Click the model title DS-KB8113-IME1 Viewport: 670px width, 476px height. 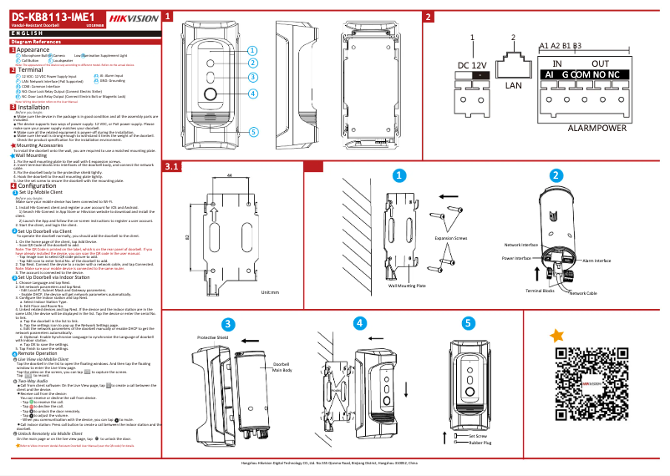pyautogui.click(x=53, y=18)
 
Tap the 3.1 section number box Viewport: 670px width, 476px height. pyautogui.click(x=172, y=167)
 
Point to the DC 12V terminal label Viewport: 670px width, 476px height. pyautogui.click(x=472, y=65)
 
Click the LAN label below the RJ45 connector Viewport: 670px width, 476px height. pyautogui.click(x=513, y=84)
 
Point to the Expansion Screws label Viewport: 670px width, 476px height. pyautogui.click(x=449, y=238)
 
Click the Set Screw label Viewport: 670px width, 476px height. pyautogui.click(x=479, y=436)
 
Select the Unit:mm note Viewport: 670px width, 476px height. pyautogui.click(x=269, y=293)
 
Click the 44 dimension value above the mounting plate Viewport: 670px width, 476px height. pyautogui.click(x=229, y=176)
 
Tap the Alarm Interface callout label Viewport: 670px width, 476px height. pyautogui.click(x=598, y=261)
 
